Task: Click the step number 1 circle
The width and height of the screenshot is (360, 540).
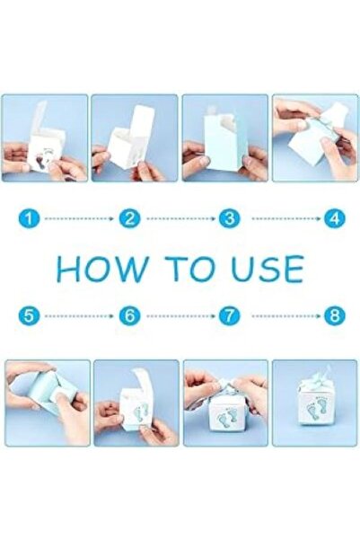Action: click(x=30, y=219)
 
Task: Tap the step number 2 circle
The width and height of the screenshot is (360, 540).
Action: click(x=129, y=219)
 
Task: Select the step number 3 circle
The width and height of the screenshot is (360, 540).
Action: click(x=230, y=219)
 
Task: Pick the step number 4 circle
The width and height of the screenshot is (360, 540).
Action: click(x=335, y=219)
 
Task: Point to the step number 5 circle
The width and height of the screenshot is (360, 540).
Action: click(x=30, y=315)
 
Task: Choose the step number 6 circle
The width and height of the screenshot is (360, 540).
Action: click(x=129, y=315)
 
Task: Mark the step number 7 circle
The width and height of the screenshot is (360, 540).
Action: click(x=230, y=315)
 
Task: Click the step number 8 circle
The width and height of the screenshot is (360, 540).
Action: click(x=335, y=315)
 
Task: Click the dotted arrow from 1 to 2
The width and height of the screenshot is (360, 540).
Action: click(x=79, y=218)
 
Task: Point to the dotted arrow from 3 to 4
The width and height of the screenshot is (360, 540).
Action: click(x=286, y=218)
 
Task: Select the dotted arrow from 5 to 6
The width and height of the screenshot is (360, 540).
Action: click(x=79, y=315)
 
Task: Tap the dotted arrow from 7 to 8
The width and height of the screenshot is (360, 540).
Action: click(x=286, y=315)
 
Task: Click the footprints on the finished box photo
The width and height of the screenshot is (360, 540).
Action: click(x=316, y=408)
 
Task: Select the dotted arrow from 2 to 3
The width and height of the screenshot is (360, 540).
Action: click(x=180, y=218)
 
